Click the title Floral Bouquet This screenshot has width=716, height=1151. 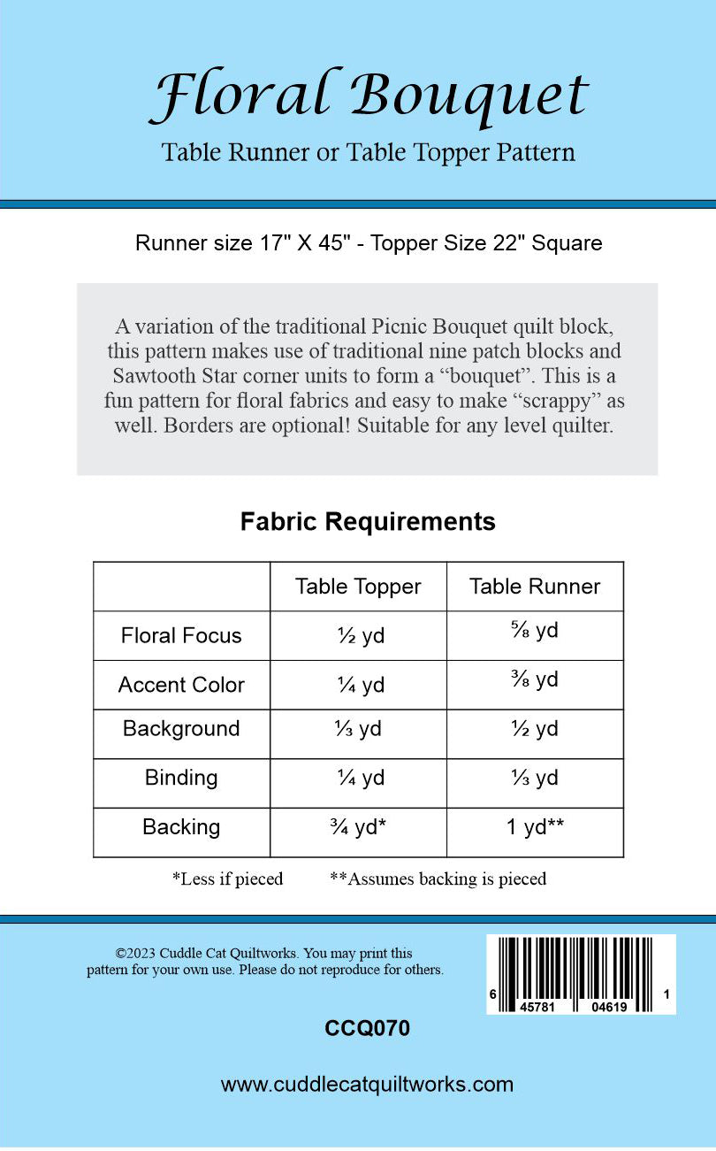pyautogui.click(x=368, y=96)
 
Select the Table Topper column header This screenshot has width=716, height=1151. pyautogui.click(x=358, y=587)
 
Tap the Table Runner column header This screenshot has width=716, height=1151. pyautogui.click(x=535, y=587)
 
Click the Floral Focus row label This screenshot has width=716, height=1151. pyautogui.click(x=181, y=635)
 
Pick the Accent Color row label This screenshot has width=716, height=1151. pyautogui.click(x=181, y=685)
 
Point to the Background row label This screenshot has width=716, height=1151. pyautogui.click(x=181, y=729)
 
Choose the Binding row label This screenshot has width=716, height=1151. pyautogui.click(x=181, y=778)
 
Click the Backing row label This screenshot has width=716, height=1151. pyautogui.click(x=181, y=827)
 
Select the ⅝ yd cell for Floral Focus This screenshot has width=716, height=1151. pyautogui.click(x=535, y=632)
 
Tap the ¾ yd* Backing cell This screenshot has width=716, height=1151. pyautogui.click(x=358, y=828)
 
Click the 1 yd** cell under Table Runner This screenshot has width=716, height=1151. pyautogui.click(x=535, y=828)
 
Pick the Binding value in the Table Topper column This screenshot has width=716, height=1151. pyautogui.click(x=358, y=779)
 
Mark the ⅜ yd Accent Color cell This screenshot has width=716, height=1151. pyautogui.click(x=535, y=680)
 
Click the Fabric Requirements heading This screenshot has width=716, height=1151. pyautogui.click(x=368, y=522)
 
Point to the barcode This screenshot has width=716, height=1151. pyautogui.click(x=581, y=973)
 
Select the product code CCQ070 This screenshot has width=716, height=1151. pyautogui.click(x=368, y=1028)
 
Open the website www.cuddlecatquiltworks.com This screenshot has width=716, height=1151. pyautogui.click(x=367, y=1085)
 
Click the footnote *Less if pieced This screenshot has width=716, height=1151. pyautogui.click(x=227, y=879)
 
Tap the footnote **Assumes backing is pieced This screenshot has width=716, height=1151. pyautogui.click(x=438, y=879)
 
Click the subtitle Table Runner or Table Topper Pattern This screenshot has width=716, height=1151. pyautogui.click(x=368, y=153)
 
